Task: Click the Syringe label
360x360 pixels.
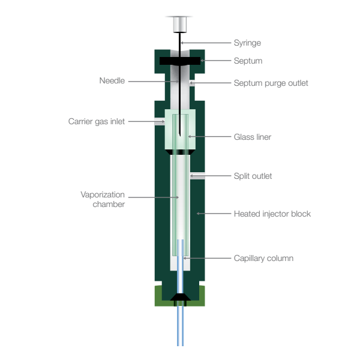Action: pos(247,43)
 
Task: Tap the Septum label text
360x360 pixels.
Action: pos(248,61)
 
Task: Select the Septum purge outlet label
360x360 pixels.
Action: pos(271,83)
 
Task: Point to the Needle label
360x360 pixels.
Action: pos(112,80)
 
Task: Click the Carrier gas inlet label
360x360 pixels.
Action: pos(97,121)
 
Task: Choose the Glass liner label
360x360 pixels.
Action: pos(253,137)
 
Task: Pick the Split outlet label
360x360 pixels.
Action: pos(253,176)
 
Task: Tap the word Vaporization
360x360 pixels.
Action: pos(103,194)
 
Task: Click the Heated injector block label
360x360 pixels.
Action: pos(272,214)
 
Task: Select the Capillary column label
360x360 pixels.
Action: pos(263,258)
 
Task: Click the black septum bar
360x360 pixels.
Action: pos(180,61)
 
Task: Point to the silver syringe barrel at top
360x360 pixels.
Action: pos(180,25)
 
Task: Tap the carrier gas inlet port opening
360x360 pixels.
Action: pos(160,122)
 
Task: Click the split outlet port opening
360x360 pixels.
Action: pos(197,176)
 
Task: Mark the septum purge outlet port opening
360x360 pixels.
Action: pos(192,83)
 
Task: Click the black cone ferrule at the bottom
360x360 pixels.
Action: pos(180,297)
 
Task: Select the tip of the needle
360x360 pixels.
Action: pos(180,136)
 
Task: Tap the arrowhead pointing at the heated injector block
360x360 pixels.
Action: pos(198,214)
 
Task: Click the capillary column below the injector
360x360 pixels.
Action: pos(180,326)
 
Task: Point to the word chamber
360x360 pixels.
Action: pos(109,205)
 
